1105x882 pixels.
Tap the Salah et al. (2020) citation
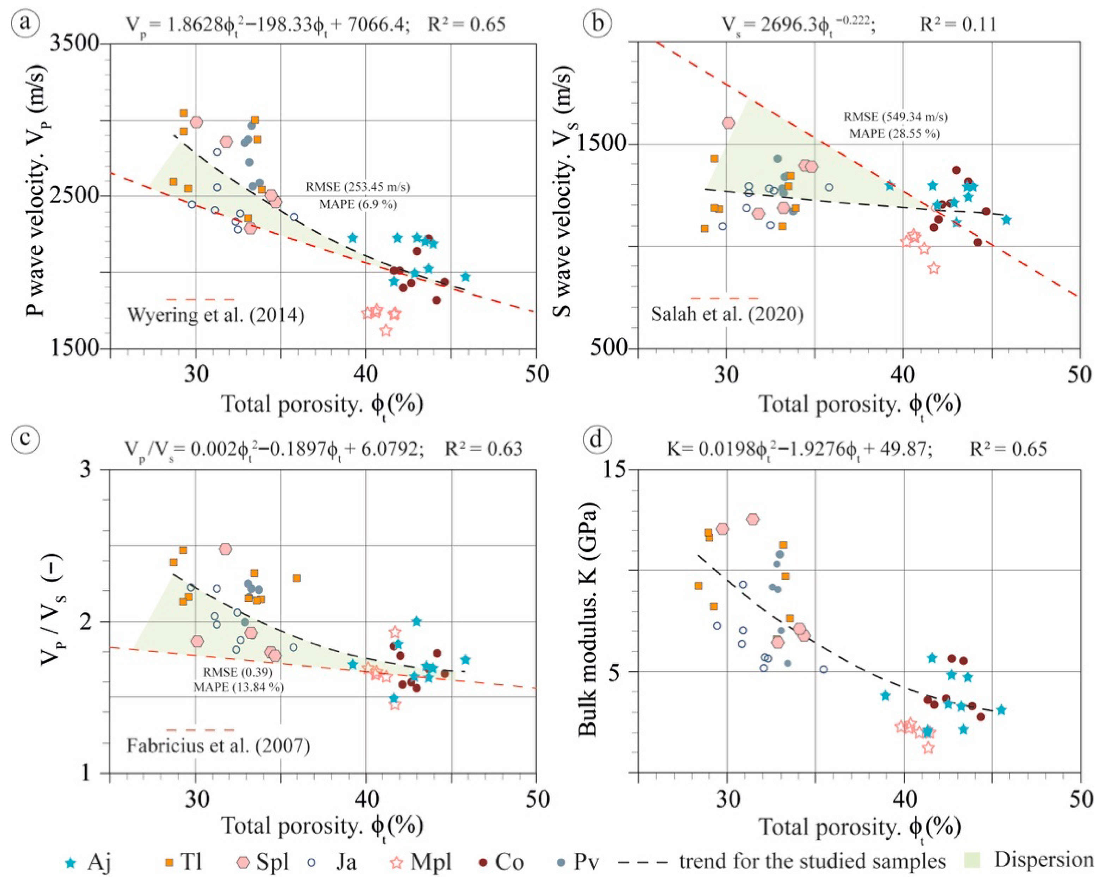tap(727, 314)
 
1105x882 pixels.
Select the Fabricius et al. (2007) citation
tap(218, 745)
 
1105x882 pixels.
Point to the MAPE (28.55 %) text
tap(895, 134)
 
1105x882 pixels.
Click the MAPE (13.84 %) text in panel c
tap(238, 687)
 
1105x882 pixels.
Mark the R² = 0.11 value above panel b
tap(958, 24)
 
